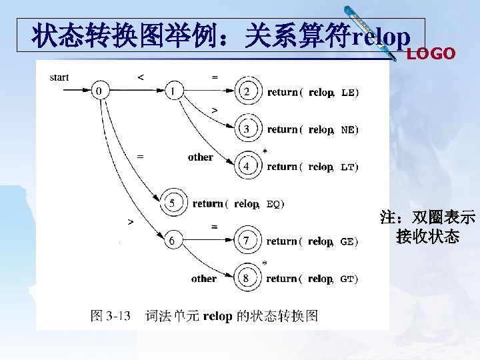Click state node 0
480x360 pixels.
point(99,91)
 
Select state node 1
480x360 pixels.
point(173,91)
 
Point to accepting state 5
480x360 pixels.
point(172,203)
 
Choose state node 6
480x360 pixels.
point(173,241)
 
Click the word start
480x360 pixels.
point(59,77)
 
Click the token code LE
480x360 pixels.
point(348,93)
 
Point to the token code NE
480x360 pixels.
point(348,130)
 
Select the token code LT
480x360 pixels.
point(348,167)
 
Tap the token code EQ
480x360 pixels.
point(273,204)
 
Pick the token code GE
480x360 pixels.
point(347,242)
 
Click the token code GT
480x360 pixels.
point(347,279)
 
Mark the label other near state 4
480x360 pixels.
point(200,157)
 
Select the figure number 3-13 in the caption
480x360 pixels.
point(117,315)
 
